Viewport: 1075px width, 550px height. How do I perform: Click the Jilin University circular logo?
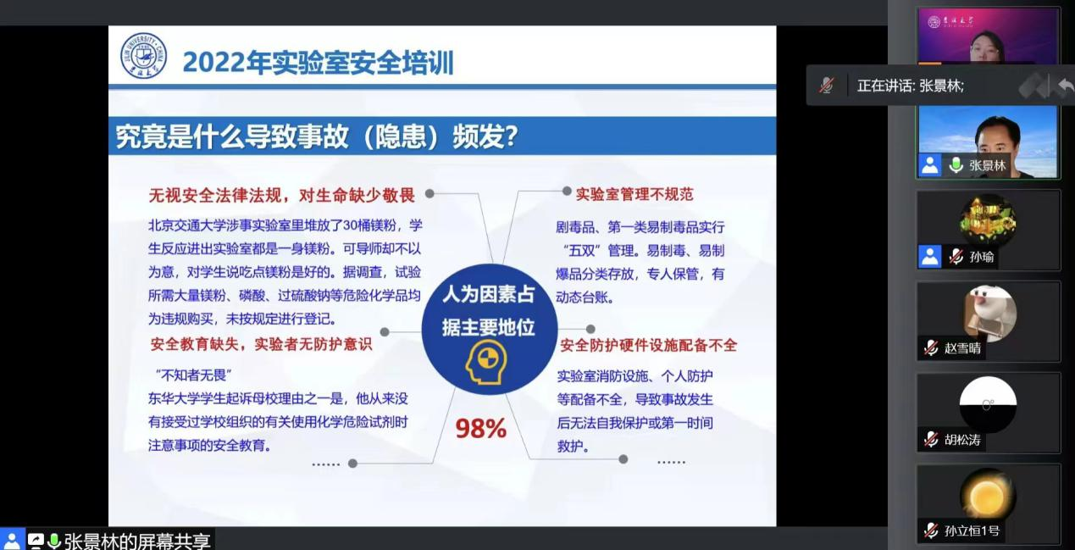pos(143,56)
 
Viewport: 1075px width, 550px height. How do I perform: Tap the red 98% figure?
pos(481,429)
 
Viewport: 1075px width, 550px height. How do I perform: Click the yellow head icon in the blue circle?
pos(486,363)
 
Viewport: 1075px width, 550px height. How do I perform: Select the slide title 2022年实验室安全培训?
pos(319,63)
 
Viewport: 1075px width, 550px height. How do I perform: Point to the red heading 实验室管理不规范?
pos(634,194)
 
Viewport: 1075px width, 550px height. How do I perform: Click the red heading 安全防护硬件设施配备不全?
pos(648,345)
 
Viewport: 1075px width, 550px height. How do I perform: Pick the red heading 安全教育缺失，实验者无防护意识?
pos(261,344)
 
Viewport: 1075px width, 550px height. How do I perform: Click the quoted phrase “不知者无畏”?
pos(194,375)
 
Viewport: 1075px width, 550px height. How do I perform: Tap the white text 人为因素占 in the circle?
pos(489,294)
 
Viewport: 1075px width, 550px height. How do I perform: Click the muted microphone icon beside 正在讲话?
pos(827,86)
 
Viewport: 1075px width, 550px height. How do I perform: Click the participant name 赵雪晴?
pos(962,348)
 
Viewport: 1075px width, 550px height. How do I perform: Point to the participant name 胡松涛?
pos(962,440)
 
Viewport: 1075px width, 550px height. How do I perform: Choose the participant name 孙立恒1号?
pos(972,531)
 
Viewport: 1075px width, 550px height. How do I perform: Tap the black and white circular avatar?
pos(988,404)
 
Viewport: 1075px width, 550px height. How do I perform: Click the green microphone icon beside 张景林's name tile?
pos(956,165)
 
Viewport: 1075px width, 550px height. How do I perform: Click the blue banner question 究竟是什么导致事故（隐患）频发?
pos(317,136)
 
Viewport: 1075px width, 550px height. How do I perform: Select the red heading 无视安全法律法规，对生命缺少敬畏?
pos(282,195)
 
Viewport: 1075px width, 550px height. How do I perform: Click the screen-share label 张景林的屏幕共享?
pos(137,541)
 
